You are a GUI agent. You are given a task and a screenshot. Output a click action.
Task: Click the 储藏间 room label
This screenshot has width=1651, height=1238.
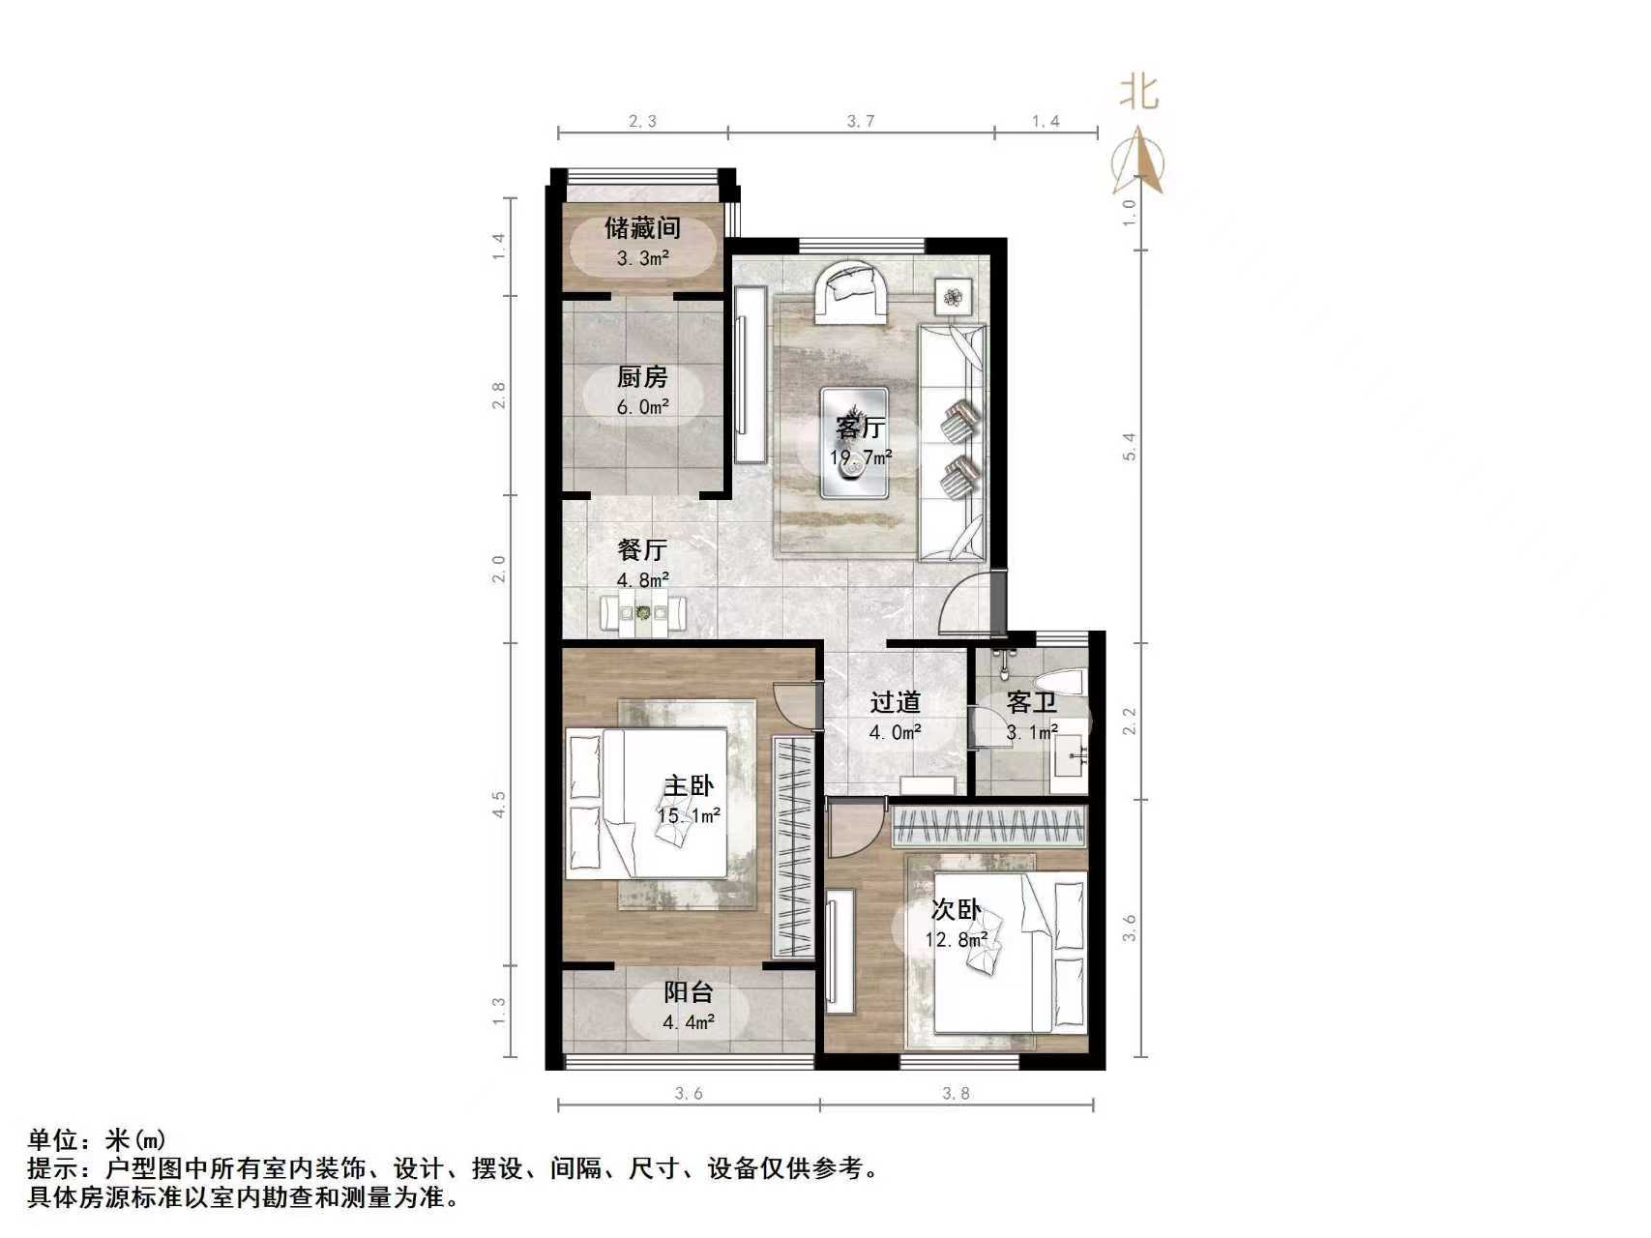pyautogui.click(x=642, y=228)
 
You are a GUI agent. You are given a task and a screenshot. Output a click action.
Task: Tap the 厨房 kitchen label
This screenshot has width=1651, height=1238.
pyautogui.click(x=642, y=377)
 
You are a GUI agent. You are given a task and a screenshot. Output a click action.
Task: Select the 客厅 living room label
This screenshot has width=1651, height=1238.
pyautogui.click(x=860, y=427)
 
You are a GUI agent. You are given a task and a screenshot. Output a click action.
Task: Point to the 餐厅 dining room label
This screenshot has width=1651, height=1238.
pyautogui.click(x=642, y=550)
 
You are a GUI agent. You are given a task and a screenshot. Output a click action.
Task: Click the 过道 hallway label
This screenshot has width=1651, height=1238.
pyautogui.click(x=895, y=703)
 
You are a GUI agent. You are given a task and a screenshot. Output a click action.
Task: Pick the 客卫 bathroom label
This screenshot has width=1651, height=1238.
pyautogui.click(x=1031, y=703)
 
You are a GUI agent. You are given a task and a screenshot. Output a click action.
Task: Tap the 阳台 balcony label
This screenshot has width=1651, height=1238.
pyautogui.click(x=689, y=992)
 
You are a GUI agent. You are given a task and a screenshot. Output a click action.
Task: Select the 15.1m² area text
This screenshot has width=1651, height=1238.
pyautogui.click(x=689, y=816)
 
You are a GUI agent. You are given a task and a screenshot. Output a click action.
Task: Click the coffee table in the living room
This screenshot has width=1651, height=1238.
pyautogui.click(x=854, y=443)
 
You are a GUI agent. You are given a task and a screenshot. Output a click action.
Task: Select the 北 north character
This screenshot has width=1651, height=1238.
pyautogui.click(x=1138, y=94)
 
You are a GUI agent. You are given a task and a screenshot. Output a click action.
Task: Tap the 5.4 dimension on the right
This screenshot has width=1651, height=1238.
pyautogui.click(x=1129, y=446)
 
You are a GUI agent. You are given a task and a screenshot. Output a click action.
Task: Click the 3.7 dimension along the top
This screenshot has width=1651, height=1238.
pyautogui.click(x=860, y=121)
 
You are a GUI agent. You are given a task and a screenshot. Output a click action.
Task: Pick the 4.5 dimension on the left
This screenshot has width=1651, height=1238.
pyautogui.click(x=497, y=803)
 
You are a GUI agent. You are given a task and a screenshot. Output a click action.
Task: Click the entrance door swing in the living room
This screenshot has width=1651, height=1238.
pyautogui.click(x=972, y=604)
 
